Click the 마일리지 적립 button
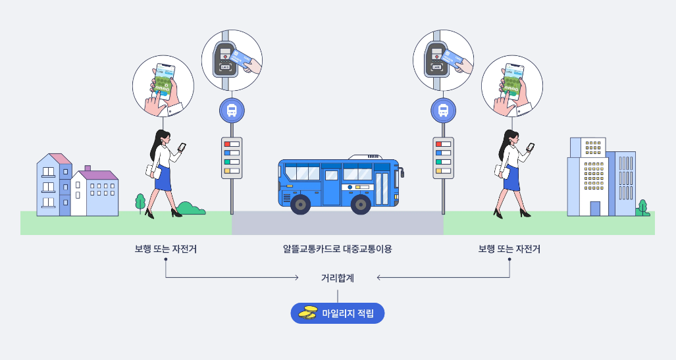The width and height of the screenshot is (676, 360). [x=337, y=314]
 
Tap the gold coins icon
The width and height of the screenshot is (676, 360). [x=307, y=314]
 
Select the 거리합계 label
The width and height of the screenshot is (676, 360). [x=338, y=278]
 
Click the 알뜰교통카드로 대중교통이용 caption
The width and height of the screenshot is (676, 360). [x=337, y=249]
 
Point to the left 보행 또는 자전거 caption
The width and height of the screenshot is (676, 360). [x=165, y=249]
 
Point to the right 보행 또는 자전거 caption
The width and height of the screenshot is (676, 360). [x=509, y=249]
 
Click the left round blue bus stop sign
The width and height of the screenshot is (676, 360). [x=232, y=111]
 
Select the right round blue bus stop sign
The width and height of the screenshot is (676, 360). [x=444, y=111]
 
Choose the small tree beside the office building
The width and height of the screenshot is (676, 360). [x=643, y=207]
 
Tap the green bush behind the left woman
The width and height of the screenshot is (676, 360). [x=191, y=209]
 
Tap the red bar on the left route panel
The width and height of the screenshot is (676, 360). [x=228, y=144]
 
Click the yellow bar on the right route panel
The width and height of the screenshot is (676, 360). [x=439, y=171]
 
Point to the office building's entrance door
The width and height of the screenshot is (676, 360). [x=595, y=209]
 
